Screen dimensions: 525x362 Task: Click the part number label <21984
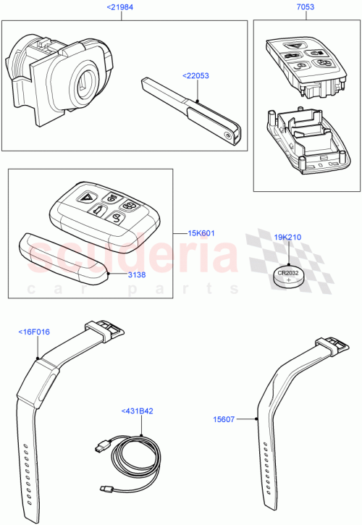119,8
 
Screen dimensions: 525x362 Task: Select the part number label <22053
196,74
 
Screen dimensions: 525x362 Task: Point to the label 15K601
201,234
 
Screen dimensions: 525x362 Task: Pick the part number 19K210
288,236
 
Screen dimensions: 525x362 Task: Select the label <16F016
33,332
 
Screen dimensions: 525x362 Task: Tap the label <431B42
137,411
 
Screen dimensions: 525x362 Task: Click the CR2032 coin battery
287,277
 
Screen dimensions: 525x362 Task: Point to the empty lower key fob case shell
304,141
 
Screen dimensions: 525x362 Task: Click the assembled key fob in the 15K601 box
101,210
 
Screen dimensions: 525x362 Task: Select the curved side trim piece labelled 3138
62,260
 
